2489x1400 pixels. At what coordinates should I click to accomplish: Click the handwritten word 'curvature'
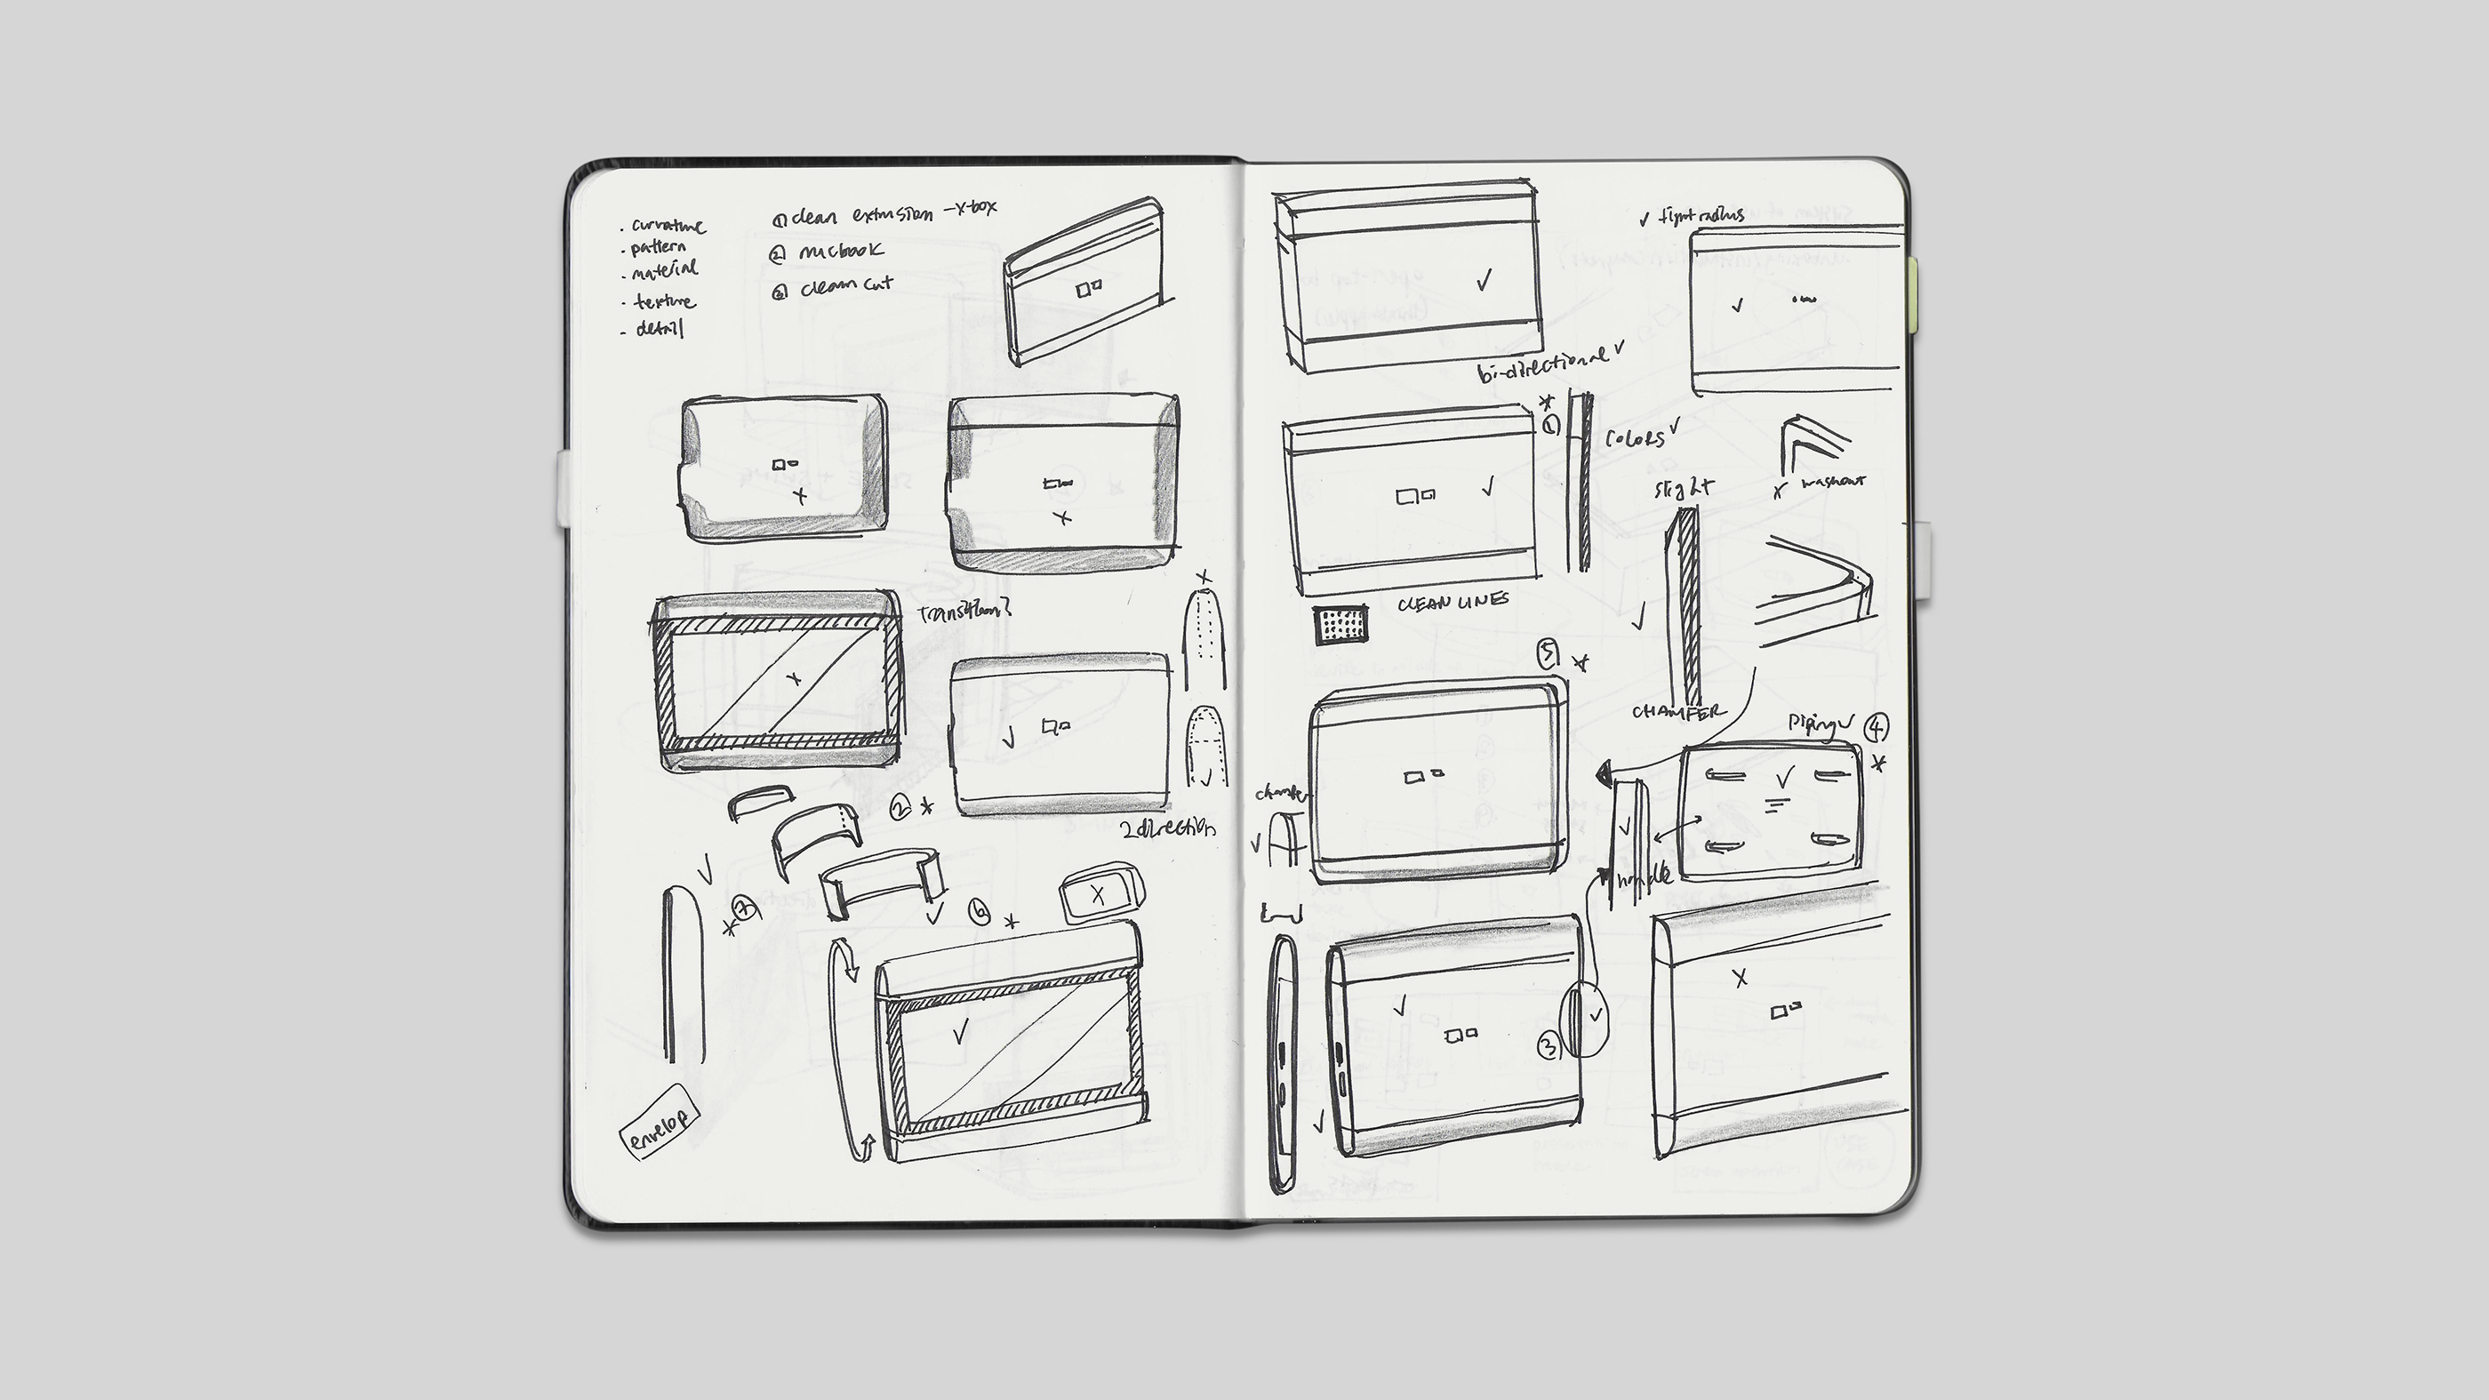(x=668, y=226)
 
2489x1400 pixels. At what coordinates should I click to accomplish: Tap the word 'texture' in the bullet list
(x=665, y=302)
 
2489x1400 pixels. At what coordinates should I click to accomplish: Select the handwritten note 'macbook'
(x=841, y=252)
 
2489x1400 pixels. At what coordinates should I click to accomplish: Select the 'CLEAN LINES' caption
(x=1453, y=602)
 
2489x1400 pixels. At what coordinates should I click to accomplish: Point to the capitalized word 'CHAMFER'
(x=1677, y=712)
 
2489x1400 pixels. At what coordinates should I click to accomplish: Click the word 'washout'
(x=1833, y=481)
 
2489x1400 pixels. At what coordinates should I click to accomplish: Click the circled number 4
(x=1876, y=726)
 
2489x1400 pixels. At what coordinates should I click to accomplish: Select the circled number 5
(x=1548, y=656)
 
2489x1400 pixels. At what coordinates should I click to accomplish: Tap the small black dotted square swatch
(x=1341, y=625)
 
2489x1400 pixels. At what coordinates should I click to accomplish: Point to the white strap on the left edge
(x=564, y=489)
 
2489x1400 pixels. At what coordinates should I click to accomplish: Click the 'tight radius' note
(x=1701, y=216)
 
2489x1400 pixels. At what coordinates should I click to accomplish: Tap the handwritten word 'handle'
(x=1645, y=877)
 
